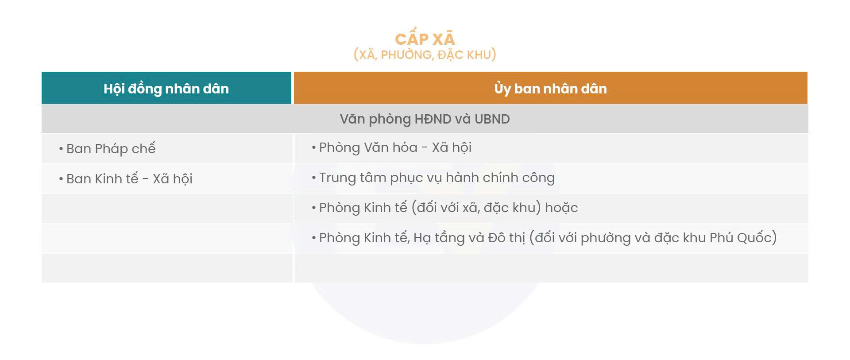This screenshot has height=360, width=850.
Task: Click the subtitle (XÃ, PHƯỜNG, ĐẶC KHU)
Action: [x=425, y=54]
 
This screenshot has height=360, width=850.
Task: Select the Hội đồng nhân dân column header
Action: [x=166, y=88]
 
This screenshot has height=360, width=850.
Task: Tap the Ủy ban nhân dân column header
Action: [x=550, y=88]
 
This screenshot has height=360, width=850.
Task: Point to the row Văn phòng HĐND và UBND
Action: [x=425, y=119]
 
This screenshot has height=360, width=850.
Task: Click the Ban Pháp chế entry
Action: [x=111, y=148]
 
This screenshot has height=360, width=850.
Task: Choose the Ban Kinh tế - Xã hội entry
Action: [x=129, y=178]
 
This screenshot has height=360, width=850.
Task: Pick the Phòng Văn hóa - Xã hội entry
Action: [x=395, y=147]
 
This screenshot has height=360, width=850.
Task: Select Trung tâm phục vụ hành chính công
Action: [x=437, y=178]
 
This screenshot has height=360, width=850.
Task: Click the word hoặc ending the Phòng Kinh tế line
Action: [x=561, y=208]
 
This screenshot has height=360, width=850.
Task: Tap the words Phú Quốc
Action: [x=741, y=238]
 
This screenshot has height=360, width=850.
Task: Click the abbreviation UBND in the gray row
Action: [x=492, y=119]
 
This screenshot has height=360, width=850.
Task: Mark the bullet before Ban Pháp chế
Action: [x=61, y=149]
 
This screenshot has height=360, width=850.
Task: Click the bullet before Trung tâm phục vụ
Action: [x=313, y=178]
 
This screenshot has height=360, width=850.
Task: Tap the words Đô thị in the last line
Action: [x=506, y=238]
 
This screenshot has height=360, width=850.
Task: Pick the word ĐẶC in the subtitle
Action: [x=451, y=54]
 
